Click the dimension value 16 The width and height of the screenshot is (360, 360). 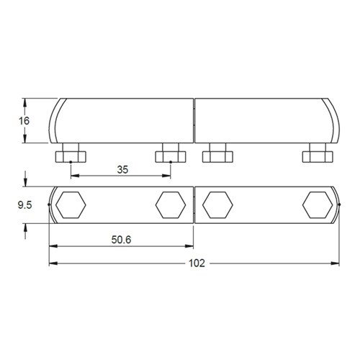click(24, 121)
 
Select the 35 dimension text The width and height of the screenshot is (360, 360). click(122, 171)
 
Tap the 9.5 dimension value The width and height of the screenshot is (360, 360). click(24, 204)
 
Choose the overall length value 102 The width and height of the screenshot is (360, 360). click(194, 263)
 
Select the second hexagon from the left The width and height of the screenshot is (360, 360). click(168, 205)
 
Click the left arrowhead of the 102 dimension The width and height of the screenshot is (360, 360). click(52, 263)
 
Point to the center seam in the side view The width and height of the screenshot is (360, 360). click(194, 120)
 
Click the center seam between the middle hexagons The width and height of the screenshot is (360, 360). click(194, 205)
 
